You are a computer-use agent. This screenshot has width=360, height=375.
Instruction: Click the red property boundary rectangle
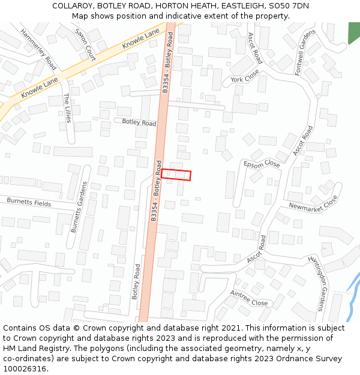176,175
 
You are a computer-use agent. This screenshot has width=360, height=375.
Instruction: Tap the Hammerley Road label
38,49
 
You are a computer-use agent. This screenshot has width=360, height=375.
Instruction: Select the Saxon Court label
85,44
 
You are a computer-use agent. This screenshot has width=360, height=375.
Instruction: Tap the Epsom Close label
262,164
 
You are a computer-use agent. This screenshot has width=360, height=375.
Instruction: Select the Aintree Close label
249,298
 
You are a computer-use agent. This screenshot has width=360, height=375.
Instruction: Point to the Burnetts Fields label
29,203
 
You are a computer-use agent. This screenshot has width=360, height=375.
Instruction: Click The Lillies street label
67,108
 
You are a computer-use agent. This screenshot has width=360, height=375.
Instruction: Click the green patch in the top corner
354,32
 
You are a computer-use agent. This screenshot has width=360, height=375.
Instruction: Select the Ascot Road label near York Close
256,49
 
